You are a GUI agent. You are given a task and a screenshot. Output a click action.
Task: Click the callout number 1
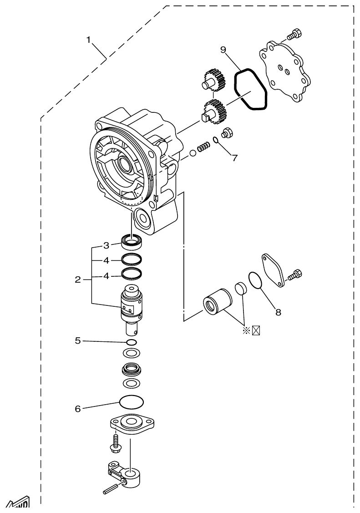coord(90,40)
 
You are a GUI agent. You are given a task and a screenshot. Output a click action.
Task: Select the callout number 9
coord(223,50)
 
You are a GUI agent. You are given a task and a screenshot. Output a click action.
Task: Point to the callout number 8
coord(278,312)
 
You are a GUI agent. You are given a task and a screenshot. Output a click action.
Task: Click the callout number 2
coord(78,279)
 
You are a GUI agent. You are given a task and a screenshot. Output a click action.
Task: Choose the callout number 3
coord(106,245)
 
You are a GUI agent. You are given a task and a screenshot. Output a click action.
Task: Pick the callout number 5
coord(78,340)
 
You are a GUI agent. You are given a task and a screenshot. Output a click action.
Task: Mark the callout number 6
coord(78,409)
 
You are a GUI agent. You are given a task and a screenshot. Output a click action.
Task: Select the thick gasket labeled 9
coord(250,89)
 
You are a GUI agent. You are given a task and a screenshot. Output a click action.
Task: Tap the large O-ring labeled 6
coord(131,401)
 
